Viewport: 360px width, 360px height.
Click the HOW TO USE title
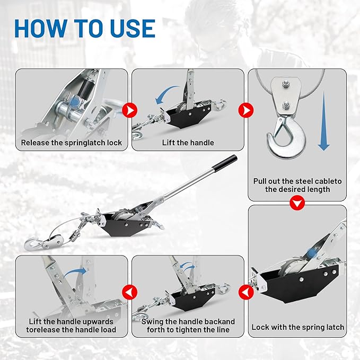(84, 28)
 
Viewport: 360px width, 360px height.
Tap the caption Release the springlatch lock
(72, 143)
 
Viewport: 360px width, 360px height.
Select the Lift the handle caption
(188, 143)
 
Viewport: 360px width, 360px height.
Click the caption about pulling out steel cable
(297, 185)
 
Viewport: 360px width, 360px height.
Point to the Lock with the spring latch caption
(297, 327)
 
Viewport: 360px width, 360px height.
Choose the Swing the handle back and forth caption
(188, 326)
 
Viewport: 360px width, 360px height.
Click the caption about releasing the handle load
(72, 326)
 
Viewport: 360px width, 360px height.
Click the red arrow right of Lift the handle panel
(245, 110)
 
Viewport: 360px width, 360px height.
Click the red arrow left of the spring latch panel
(245, 291)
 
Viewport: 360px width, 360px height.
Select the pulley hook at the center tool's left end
(33, 243)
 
